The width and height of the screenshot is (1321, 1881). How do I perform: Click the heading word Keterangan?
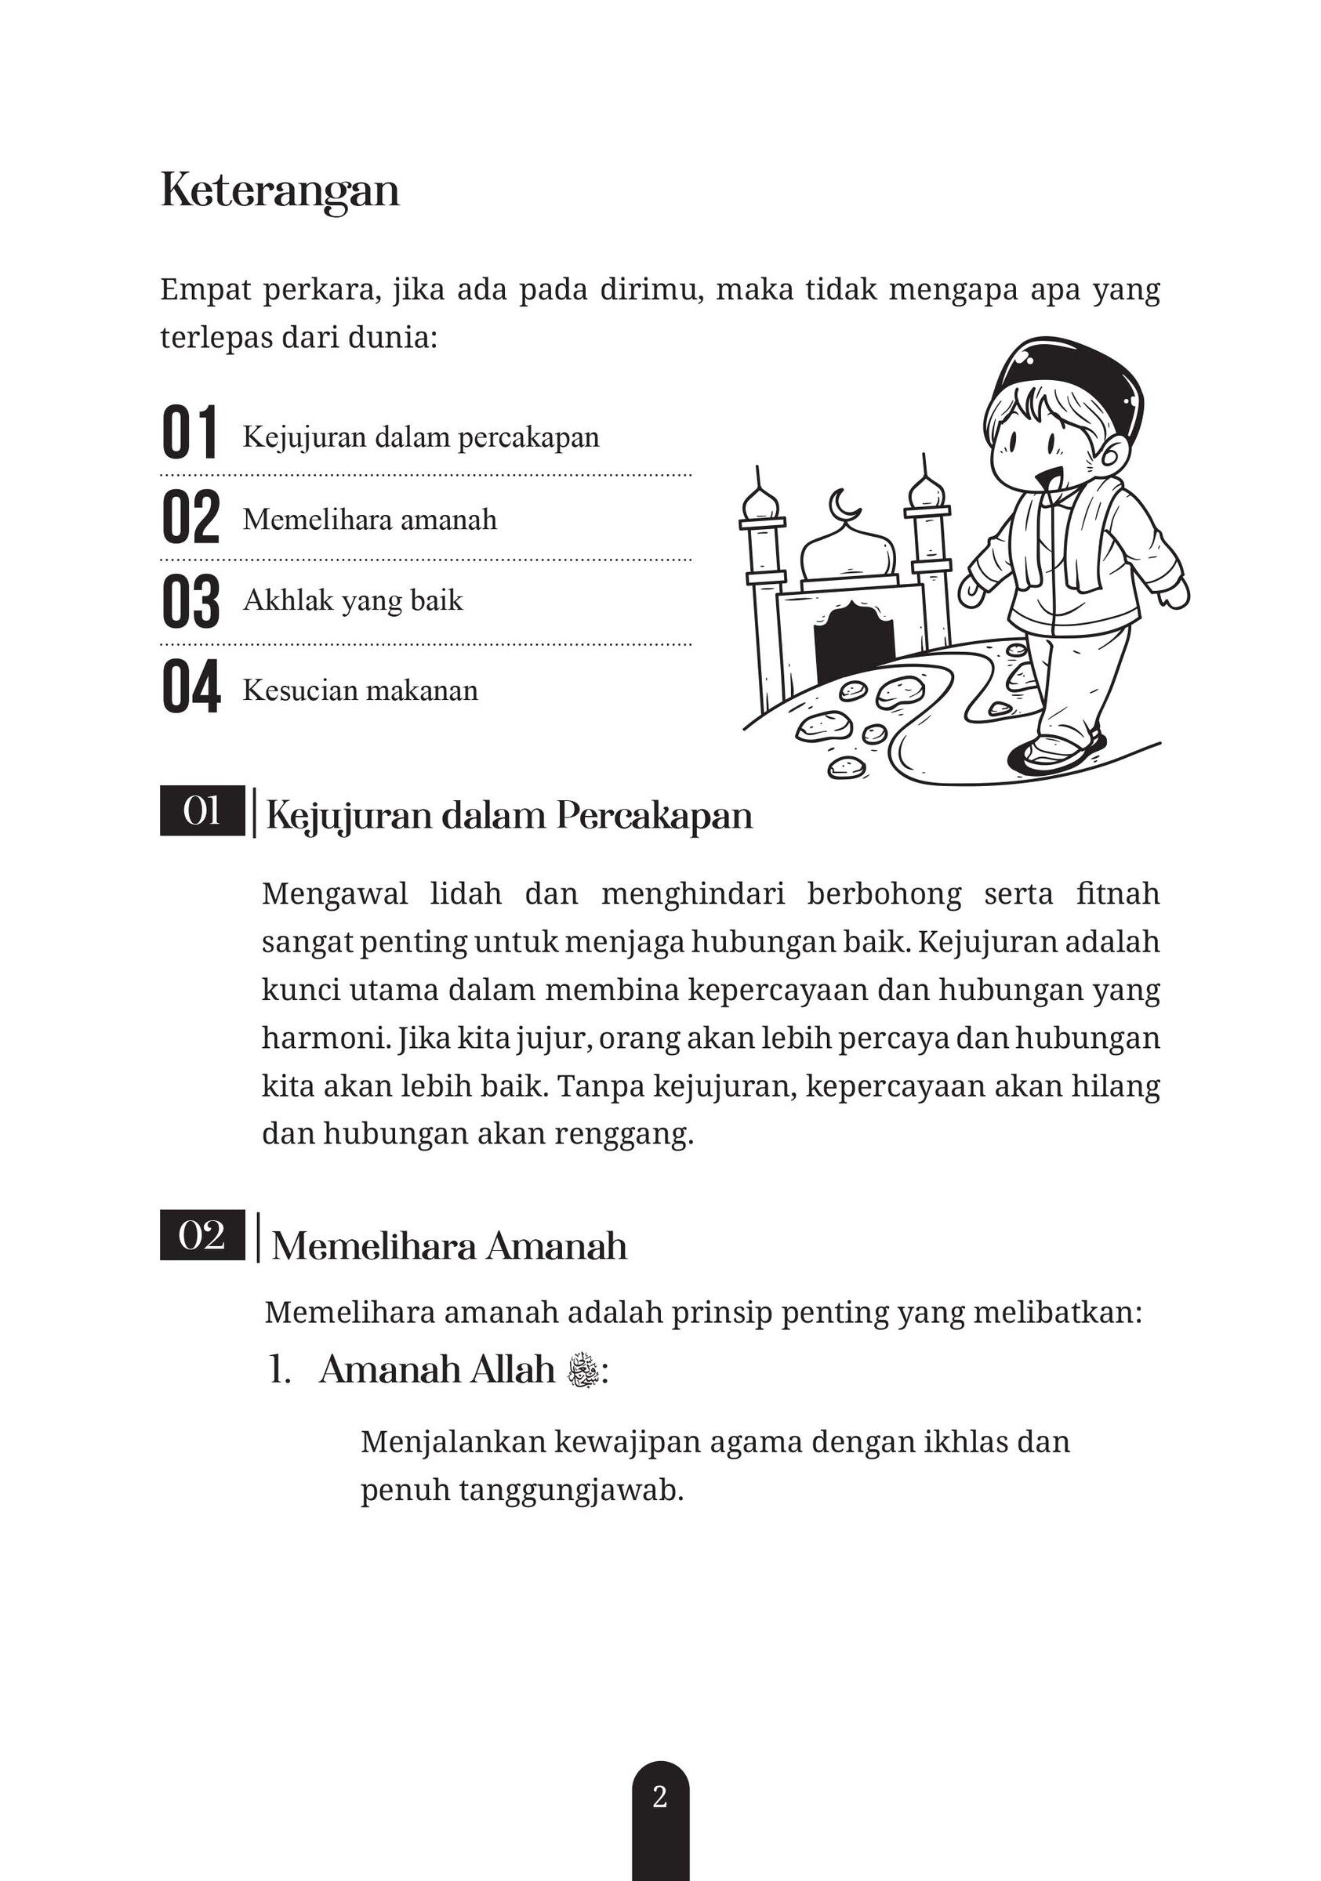[279, 191]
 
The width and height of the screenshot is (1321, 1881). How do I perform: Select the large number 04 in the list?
[191, 687]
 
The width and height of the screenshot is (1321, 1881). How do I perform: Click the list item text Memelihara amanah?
[369, 520]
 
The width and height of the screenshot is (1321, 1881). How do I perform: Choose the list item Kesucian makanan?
[360, 690]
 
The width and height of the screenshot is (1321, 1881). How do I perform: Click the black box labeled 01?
[201, 811]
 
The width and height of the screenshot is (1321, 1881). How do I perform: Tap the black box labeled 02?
[201, 1234]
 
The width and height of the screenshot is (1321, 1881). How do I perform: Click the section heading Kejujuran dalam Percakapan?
[509, 816]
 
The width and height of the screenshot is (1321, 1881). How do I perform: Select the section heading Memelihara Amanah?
[449, 1246]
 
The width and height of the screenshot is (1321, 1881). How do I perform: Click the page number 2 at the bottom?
[659, 1797]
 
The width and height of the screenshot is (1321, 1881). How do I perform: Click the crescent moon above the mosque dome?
[843, 505]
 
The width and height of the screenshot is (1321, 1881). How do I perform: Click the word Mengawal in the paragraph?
[334, 893]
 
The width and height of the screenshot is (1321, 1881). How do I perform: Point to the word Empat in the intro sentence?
[205, 290]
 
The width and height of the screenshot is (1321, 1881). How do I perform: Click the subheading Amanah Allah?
[437, 1370]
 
